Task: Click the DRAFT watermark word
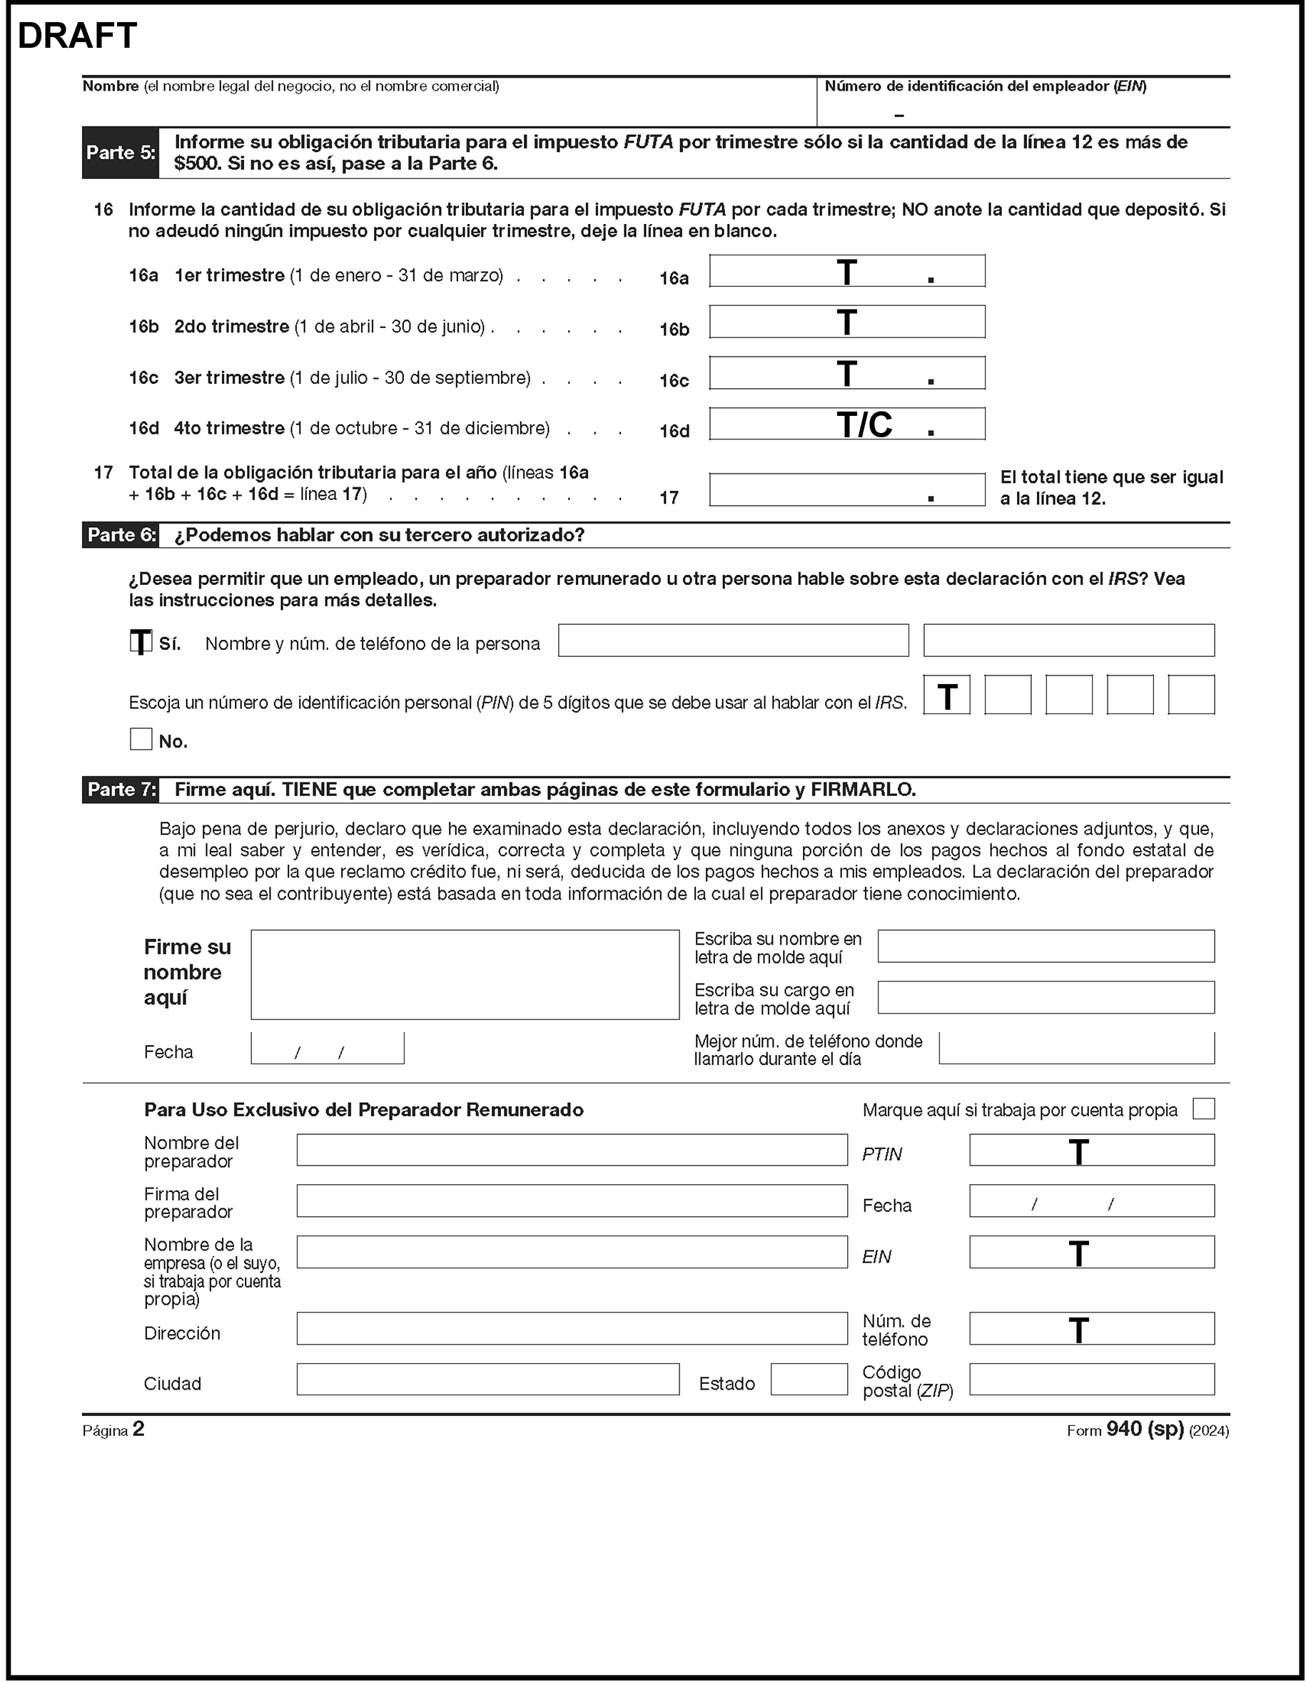(x=77, y=36)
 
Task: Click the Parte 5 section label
(x=120, y=153)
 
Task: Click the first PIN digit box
(x=946, y=695)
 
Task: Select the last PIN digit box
(x=1190, y=695)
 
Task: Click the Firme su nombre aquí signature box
(x=465, y=974)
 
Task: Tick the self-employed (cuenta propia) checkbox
(x=1203, y=1108)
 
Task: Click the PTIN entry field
(x=1091, y=1150)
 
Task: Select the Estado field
(x=809, y=1380)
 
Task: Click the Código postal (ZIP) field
(x=1091, y=1380)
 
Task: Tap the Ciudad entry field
(x=487, y=1380)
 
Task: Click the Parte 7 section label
(x=120, y=790)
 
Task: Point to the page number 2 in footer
(x=138, y=1429)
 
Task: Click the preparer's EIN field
(x=1091, y=1253)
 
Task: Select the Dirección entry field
(x=571, y=1328)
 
